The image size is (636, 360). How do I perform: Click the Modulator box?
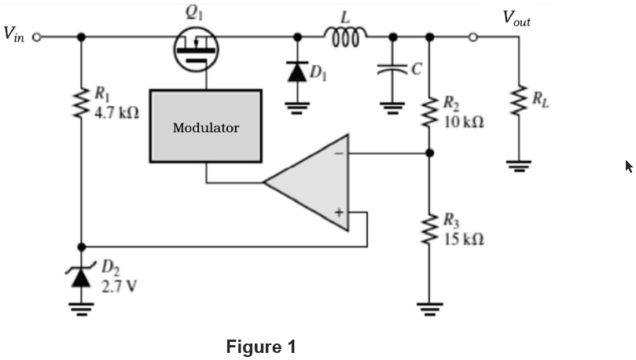(205, 127)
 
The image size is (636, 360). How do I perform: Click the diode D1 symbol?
(297, 72)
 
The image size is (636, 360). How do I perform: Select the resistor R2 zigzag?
(429, 112)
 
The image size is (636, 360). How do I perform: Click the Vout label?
(517, 18)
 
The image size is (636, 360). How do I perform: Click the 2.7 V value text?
(117, 285)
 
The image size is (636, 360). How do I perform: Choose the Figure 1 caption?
(261, 346)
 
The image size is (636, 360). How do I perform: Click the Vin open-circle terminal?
(36, 36)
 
